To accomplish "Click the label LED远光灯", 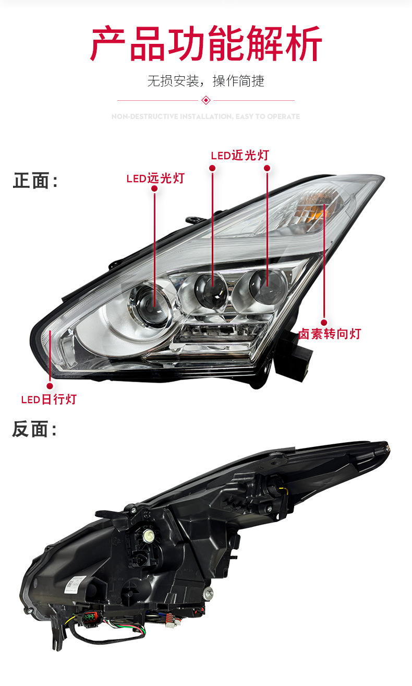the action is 155,178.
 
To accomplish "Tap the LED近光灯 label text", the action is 240,155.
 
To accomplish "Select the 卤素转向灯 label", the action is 330,334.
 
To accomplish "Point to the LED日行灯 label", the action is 49,399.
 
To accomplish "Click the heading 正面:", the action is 35,181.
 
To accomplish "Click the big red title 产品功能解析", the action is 206,43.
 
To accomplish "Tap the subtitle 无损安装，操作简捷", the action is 206,81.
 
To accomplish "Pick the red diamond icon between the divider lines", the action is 206,100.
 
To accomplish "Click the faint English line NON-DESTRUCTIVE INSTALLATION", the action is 206,116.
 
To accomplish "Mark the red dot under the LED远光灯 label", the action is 154,188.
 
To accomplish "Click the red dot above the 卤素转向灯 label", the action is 324,322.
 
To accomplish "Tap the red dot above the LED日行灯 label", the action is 50,386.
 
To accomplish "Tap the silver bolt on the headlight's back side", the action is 209,593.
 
